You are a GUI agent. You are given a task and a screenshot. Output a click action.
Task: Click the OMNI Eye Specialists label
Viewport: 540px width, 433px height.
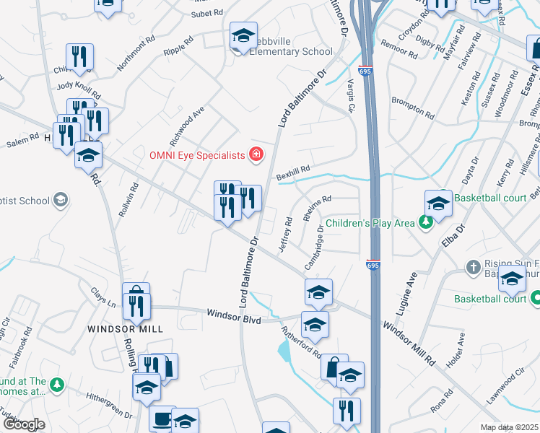click(x=197, y=154)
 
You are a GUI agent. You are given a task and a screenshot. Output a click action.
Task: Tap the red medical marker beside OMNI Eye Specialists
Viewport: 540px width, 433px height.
click(x=255, y=154)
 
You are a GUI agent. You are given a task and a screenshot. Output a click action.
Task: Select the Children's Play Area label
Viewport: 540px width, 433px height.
click(x=370, y=224)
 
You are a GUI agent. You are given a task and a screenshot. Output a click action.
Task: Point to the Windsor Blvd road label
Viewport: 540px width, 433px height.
click(x=233, y=315)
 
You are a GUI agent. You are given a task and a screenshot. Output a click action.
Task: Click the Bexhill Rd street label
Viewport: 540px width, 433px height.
click(x=292, y=171)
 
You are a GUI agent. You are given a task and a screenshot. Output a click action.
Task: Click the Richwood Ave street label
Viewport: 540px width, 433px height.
click(x=196, y=121)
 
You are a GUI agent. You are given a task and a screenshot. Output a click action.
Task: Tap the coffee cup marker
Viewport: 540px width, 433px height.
click(x=162, y=419)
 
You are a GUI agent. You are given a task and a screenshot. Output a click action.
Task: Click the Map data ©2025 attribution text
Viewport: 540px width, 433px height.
click(x=510, y=427)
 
